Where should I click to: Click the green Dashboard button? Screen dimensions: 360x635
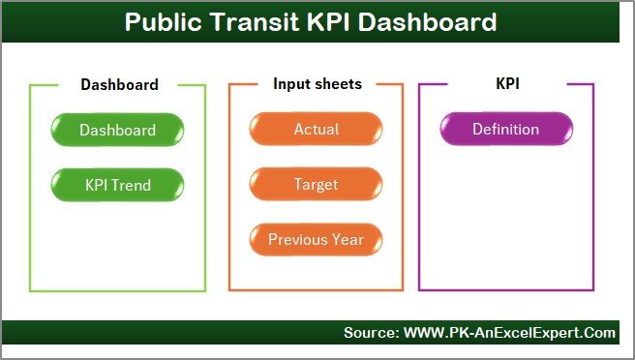point(117,130)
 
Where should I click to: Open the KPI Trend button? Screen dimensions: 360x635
point(117,184)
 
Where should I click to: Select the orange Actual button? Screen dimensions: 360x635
point(316,130)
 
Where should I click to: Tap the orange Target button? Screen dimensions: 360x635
point(316,184)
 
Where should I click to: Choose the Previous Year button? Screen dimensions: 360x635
point(316,239)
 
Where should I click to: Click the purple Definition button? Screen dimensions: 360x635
point(505,130)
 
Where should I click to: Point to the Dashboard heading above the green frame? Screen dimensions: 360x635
point(119,85)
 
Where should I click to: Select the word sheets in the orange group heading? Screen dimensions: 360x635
point(340,84)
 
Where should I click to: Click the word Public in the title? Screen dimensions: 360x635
point(169,22)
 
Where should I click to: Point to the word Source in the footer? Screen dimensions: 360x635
point(369,333)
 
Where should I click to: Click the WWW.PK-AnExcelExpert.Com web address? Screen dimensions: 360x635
point(507,333)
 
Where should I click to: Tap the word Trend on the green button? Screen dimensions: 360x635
point(132,184)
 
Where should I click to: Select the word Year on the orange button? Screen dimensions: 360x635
point(348,239)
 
